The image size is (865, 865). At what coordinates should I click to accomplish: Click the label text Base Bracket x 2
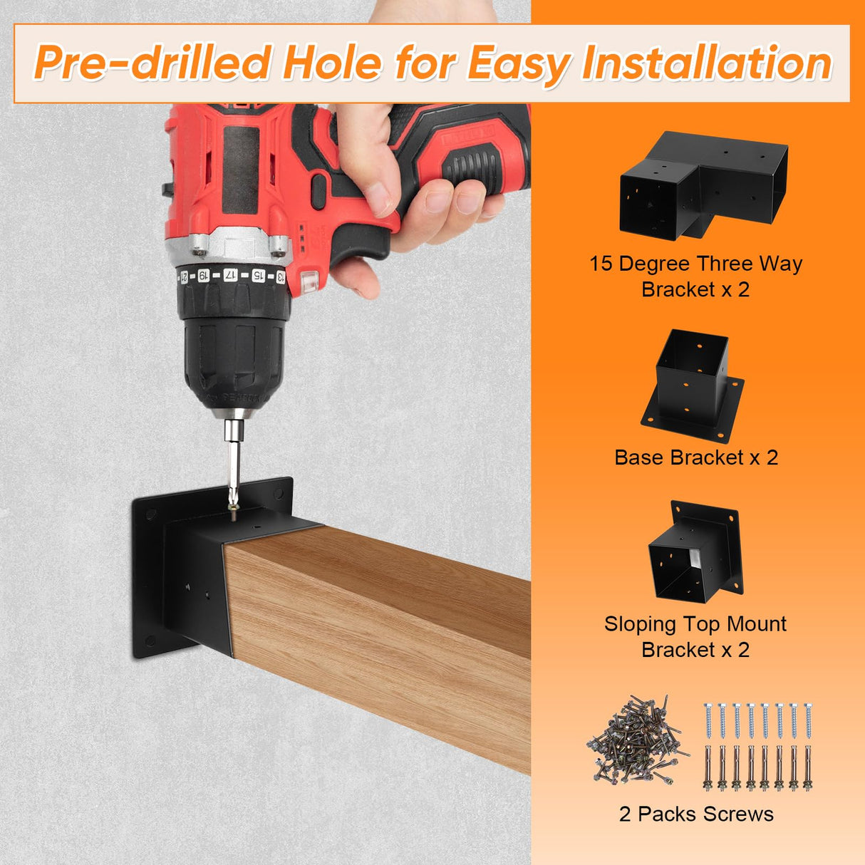(x=696, y=457)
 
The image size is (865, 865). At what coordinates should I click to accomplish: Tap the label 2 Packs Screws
(x=696, y=814)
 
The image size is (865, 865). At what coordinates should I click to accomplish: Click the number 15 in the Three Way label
(x=601, y=264)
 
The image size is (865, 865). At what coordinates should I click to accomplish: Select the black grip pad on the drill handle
(x=485, y=153)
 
